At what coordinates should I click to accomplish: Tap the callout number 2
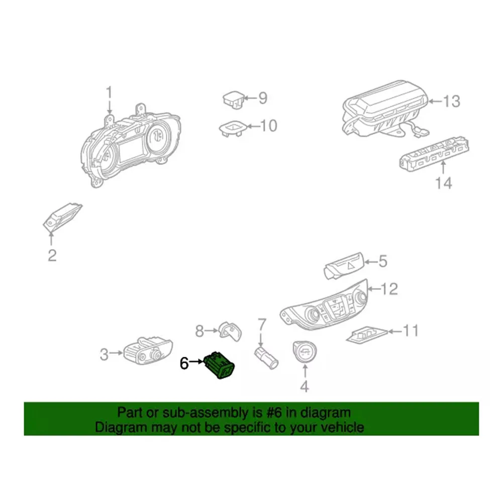coord(52,256)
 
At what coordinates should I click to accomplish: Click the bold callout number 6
coord(184,363)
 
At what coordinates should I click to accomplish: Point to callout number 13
coord(452,101)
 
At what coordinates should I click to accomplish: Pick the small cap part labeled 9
coord(233,98)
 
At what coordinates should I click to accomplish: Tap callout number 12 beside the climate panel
coord(390,288)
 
